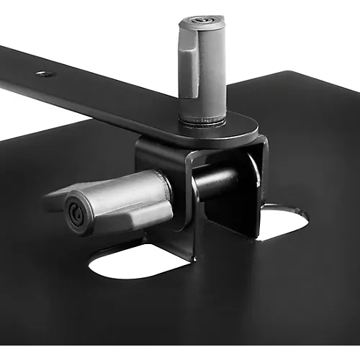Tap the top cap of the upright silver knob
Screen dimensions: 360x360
202,22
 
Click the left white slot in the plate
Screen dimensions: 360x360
137,263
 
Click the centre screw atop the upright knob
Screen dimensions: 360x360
202,20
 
